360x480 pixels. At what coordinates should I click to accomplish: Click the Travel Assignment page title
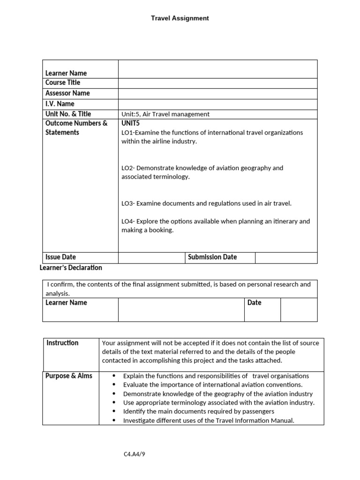[x=180, y=18]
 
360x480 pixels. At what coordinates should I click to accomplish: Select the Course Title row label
[x=63, y=82]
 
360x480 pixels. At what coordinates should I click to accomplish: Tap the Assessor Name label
[x=67, y=93]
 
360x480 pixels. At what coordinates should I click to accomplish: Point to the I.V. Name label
[x=60, y=104]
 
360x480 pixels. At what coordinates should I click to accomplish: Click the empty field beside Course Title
[x=217, y=83]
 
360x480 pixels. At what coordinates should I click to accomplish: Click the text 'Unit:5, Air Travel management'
[x=165, y=114]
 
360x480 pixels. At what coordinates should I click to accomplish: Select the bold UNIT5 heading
[x=131, y=123]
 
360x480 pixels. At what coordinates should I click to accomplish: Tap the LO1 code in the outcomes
[x=127, y=133]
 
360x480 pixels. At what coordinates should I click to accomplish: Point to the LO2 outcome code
[x=127, y=168]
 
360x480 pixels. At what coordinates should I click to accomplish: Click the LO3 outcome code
[x=127, y=203]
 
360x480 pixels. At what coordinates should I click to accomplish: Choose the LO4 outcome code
[x=127, y=221]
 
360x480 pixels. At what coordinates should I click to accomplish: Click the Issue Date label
[x=60, y=257]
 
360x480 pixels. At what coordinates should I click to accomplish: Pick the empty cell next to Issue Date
[x=152, y=257]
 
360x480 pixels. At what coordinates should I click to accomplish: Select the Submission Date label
[x=212, y=257]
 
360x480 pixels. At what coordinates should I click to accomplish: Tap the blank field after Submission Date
[x=286, y=257]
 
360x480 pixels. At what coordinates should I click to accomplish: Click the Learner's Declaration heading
[x=70, y=268]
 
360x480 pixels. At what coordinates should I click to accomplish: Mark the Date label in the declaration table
[x=254, y=303]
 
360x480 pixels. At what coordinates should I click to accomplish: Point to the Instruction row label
[x=62, y=343]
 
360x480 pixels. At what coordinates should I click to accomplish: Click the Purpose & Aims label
[x=69, y=376]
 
